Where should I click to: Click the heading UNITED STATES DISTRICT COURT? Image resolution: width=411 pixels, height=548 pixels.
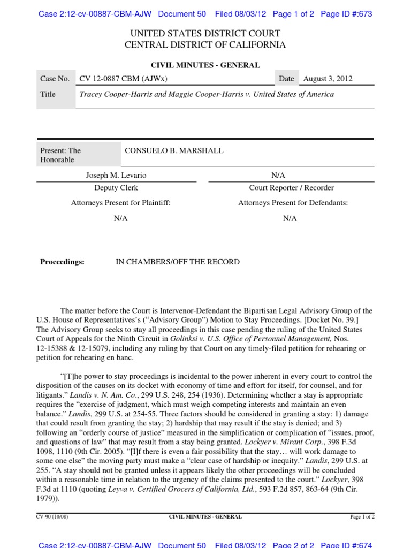coord(205,34)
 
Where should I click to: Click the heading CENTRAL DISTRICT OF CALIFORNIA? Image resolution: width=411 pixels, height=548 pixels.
coord(205,45)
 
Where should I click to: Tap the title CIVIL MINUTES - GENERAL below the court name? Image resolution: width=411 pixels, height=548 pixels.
coord(205,65)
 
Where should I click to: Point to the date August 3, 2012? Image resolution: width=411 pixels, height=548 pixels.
coord(328,79)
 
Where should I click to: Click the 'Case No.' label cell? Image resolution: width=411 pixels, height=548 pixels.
coord(55,79)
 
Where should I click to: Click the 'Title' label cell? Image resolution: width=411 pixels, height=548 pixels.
coord(48,94)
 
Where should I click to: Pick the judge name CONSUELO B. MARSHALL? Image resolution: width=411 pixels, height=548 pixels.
coord(174,151)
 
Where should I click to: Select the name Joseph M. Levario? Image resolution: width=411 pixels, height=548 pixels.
coord(116,176)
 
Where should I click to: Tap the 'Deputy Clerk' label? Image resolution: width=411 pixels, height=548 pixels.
coord(116,188)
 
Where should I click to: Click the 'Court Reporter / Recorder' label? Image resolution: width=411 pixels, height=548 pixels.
coord(292,188)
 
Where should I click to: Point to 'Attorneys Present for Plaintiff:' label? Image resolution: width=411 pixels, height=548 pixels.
coord(120,203)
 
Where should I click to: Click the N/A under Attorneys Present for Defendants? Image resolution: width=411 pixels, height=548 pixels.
coord(290,218)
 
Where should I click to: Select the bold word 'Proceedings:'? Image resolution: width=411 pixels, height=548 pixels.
coord(63,262)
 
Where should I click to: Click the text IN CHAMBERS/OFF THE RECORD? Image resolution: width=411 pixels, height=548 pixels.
coord(178,262)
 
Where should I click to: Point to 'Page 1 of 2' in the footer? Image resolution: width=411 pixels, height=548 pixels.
coord(362,517)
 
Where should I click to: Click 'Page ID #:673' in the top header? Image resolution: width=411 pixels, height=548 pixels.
coord(346,14)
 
